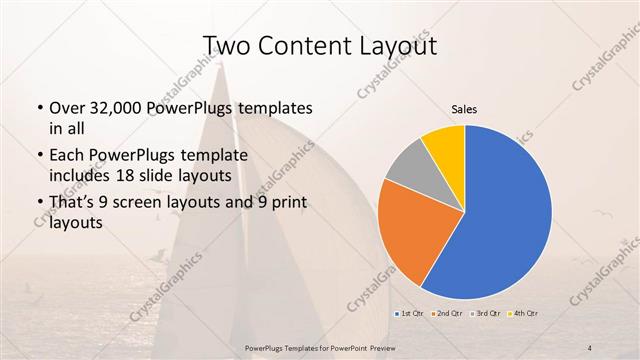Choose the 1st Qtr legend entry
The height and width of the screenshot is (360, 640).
coord(411,315)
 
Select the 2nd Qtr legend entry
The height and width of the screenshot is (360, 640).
coord(447,315)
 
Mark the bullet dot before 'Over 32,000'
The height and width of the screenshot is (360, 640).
coord(39,108)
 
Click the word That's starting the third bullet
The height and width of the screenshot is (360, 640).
coord(75,204)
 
